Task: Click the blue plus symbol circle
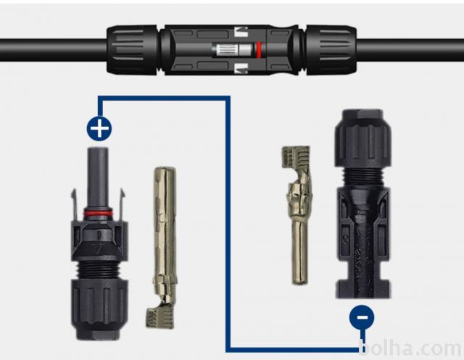tap(99, 129)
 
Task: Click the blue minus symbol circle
tap(362, 317)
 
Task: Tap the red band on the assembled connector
tap(259, 50)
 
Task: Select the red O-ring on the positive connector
tap(98, 213)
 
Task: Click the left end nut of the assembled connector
tap(132, 50)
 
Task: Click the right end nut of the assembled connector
tap(331, 50)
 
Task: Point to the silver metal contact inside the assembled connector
tap(233, 50)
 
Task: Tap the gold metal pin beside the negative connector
tap(297, 215)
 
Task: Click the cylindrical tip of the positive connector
tap(98, 177)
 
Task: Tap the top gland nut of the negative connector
tap(363, 138)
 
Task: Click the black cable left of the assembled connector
tap(53, 50)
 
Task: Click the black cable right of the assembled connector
tap(410, 50)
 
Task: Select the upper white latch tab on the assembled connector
tap(241, 32)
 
